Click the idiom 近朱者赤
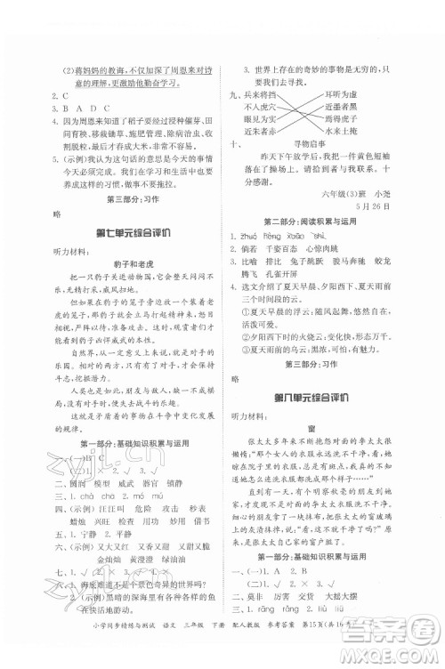266,130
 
